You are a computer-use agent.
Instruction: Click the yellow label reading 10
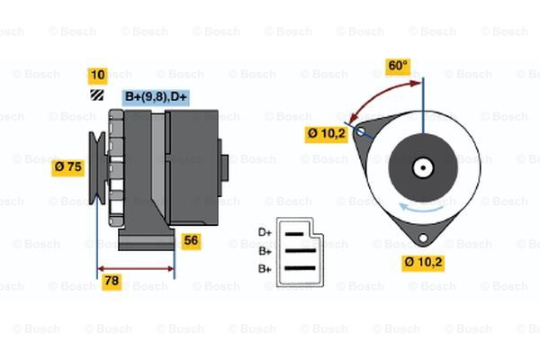click(98, 75)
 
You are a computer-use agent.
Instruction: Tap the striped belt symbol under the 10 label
click(97, 94)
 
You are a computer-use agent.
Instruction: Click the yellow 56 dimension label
click(191, 240)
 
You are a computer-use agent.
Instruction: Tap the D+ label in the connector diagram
click(265, 232)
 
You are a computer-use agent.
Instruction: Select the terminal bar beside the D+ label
click(298, 231)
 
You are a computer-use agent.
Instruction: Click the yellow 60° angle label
click(397, 66)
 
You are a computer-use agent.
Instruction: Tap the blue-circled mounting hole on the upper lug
click(362, 131)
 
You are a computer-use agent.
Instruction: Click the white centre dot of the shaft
click(420, 166)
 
